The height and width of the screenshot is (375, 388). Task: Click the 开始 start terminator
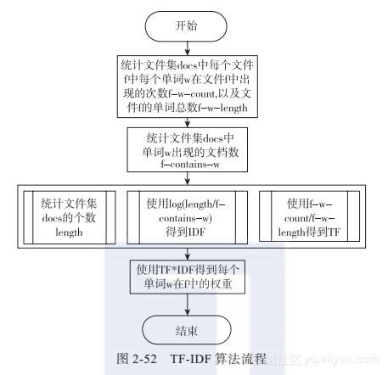tap(186, 25)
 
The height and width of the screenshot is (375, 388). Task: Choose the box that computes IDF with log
tap(185, 218)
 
